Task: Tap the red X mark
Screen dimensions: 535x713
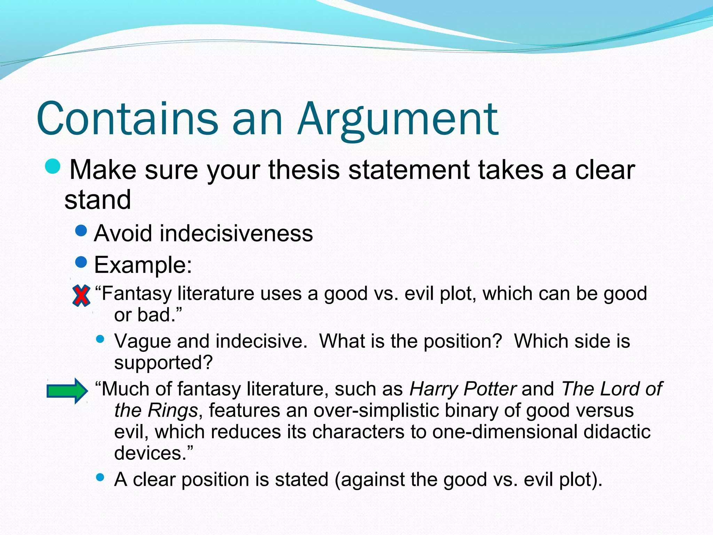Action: click(x=81, y=296)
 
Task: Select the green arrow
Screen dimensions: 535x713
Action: click(x=67, y=391)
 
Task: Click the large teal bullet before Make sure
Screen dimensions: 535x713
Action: click(x=53, y=166)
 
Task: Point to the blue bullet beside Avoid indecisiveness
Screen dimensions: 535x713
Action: click(x=81, y=231)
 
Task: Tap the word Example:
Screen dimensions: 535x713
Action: click(x=143, y=265)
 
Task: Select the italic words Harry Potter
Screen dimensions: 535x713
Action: click(x=463, y=389)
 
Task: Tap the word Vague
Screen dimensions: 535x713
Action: click(x=142, y=341)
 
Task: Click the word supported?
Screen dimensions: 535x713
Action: click(x=163, y=363)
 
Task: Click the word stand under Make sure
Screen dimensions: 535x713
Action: click(x=98, y=200)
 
